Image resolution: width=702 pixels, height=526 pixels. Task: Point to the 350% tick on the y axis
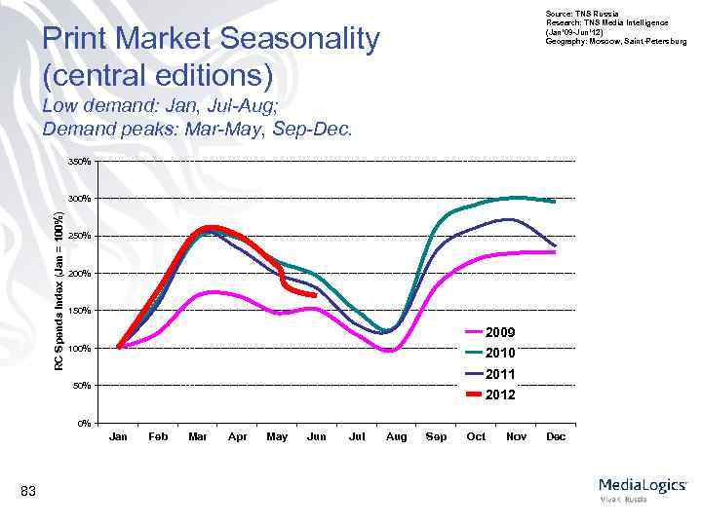point(81,161)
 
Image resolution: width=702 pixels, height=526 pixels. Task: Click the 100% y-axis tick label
point(81,348)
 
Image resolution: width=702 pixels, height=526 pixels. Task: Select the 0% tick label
point(84,423)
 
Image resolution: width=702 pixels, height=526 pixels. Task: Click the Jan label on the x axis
point(118,436)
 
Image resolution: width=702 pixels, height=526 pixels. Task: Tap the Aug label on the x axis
point(396,436)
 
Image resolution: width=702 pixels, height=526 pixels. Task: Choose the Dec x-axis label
point(556,436)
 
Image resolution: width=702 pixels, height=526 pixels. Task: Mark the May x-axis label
point(277,436)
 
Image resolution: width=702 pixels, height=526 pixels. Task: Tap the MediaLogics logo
point(642,487)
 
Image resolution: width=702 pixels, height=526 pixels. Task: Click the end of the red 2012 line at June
point(315,295)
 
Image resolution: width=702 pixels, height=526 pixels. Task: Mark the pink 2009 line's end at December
point(555,251)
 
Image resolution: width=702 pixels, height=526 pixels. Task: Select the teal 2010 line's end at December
point(555,202)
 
